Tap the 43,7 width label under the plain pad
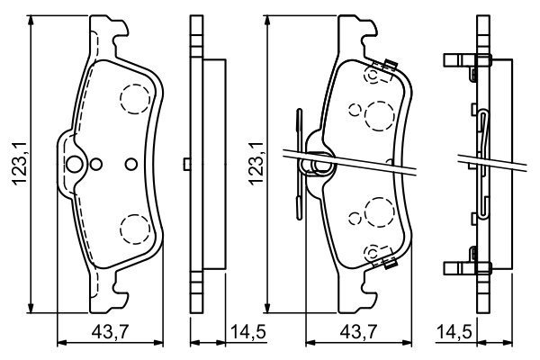110,332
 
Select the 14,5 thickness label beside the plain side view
248,332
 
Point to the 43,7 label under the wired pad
358,332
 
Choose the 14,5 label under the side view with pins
454,332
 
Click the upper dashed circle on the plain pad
135,99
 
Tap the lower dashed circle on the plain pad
135,229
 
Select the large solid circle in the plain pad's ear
74,164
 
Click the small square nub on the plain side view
187,164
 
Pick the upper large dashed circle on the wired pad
380,116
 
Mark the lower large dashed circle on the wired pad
380,212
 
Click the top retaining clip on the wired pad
390,65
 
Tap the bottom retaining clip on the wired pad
390,264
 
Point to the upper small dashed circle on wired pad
355,110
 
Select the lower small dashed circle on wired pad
355,218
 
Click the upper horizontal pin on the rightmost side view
467,60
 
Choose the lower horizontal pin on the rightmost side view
467,268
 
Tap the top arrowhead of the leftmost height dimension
31,20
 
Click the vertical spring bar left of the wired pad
299,164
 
